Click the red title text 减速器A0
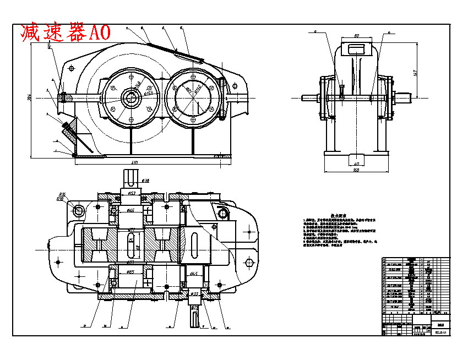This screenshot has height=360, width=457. [65, 32]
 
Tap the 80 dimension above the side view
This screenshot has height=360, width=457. [356, 36]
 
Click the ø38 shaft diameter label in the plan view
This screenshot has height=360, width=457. [146, 180]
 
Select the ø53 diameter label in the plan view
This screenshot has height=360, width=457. [133, 193]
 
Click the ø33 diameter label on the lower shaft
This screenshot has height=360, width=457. [194, 294]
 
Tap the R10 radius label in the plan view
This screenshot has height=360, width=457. [59, 199]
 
